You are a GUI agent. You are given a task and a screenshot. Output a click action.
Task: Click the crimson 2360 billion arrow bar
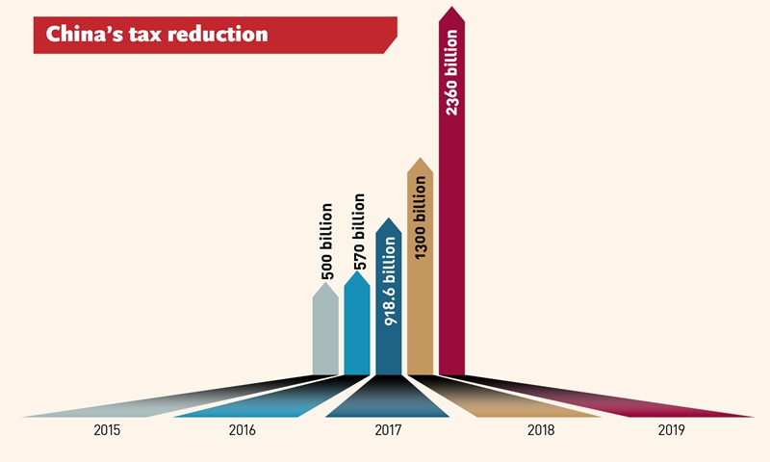tap(451, 269)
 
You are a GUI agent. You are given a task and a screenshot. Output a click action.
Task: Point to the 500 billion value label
tap(326, 242)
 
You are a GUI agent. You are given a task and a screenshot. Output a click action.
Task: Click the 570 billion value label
tap(358, 232)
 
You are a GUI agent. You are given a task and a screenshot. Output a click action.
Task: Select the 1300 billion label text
tap(421, 216)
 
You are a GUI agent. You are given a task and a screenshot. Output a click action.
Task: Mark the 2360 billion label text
tap(452, 76)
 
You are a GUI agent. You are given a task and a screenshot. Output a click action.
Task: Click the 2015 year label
tap(108, 430)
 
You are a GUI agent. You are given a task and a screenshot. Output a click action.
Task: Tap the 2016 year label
tap(243, 430)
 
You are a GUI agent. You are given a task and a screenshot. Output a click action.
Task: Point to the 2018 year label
tap(541, 430)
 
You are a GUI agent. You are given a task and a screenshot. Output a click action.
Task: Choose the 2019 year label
tap(671, 430)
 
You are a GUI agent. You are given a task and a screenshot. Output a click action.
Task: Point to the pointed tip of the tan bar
tap(420, 161)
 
